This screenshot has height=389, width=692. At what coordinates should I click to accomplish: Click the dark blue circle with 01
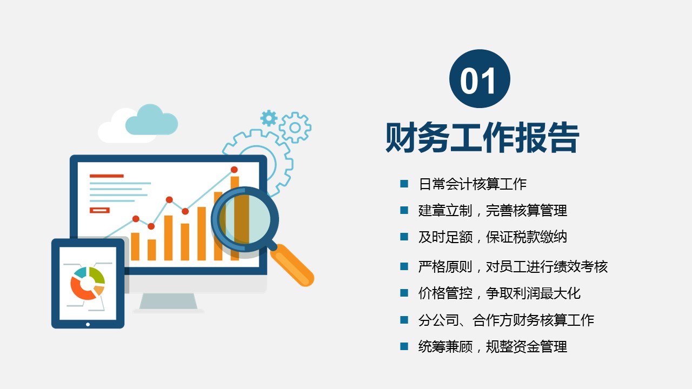coord(480,79)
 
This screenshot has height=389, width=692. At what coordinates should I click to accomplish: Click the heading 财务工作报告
coord(482,137)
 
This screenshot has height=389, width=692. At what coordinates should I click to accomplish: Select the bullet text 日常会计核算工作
coord(473,184)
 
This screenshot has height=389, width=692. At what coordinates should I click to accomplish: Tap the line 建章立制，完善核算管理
coord(493,211)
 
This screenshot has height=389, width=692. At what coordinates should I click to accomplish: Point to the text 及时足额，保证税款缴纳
coord(493,237)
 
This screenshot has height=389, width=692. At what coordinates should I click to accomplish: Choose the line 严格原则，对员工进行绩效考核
coord(513,266)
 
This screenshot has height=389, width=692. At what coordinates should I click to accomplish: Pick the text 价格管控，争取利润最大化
coord(500,293)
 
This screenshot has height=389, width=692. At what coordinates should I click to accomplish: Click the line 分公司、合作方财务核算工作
coord(507,320)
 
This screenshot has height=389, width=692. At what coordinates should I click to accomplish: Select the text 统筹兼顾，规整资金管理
coord(493,346)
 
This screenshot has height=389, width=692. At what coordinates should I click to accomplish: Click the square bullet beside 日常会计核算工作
coord(404,184)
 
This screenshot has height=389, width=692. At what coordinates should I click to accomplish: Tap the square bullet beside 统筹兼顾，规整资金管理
coord(404,346)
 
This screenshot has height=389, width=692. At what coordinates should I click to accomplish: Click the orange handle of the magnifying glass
coord(292,265)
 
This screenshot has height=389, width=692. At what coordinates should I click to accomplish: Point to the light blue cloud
coord(151,120)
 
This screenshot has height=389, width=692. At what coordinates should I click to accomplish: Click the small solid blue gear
coord(269,118)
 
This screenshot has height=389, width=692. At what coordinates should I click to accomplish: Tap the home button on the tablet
coord(88,325)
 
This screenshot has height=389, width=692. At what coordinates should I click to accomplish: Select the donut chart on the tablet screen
coord(88,283)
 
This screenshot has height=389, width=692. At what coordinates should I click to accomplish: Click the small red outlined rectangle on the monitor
coord(99,210)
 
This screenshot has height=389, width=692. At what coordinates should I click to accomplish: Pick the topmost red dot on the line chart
coord(234,170)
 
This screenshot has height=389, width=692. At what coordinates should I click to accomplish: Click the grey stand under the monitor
coord(168,301)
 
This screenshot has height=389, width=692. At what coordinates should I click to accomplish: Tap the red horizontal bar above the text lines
coord(107,176)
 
